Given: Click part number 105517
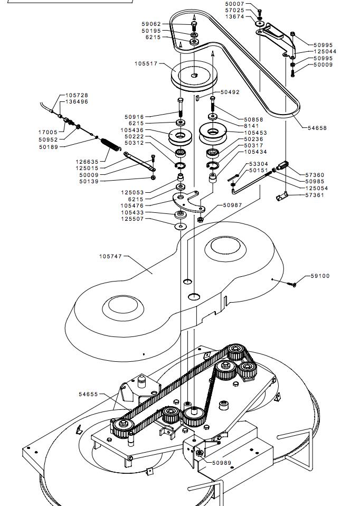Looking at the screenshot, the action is click(146, 63).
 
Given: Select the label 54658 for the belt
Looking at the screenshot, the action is click(317, 128).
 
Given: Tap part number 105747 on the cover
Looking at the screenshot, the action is click(111, 256).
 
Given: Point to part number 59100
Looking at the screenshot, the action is click(320, 276).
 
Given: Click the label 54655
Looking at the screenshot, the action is click(88, 394).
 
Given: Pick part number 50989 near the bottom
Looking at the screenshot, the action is click(222, 463).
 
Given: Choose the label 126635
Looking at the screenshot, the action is click(87, 162).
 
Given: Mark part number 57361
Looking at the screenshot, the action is click(315, 195).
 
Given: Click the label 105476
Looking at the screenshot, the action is click(132, 205).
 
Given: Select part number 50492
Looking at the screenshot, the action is click(230, 92).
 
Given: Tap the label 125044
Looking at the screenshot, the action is click(325, 51).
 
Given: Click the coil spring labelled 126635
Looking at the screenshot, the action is click(110, 144).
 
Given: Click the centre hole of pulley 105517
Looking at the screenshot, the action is click(194, 75).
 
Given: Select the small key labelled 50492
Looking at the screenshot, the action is click(197, 98).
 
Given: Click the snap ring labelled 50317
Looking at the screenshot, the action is click(212, 165).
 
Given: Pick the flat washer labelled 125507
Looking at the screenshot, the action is click(181, 226).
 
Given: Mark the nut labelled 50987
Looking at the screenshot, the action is click(200, 219).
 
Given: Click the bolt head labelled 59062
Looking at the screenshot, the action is click(194, 24).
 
